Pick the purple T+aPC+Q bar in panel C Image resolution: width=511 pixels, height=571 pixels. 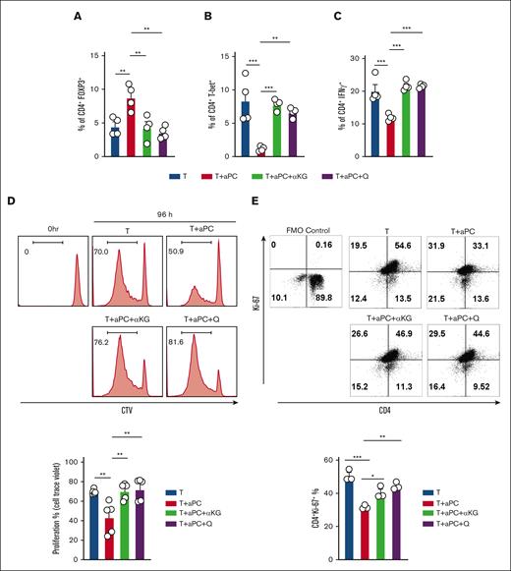click(x=450, y=122)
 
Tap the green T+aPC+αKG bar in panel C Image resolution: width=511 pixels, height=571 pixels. click(x=432, y=122)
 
